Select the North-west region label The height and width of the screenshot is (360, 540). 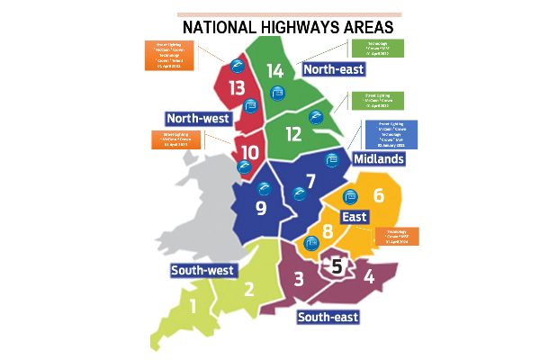(x=199, y=118)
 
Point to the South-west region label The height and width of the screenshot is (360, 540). (x=202, y=270)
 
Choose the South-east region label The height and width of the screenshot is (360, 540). (x=328, y=317)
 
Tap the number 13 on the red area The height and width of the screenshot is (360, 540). (x=237, y=88)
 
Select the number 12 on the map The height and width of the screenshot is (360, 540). (x=294, y=134)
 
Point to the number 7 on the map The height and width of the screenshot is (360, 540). (x=310, y=181)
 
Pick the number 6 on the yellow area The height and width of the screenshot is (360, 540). (x=378, y=196)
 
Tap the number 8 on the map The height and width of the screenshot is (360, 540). (x=328, y=230)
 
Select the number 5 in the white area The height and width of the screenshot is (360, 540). (x=337, y=265)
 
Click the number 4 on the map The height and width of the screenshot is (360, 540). (x=369, y=277)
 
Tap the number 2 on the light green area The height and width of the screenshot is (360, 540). (x=250, y=290)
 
